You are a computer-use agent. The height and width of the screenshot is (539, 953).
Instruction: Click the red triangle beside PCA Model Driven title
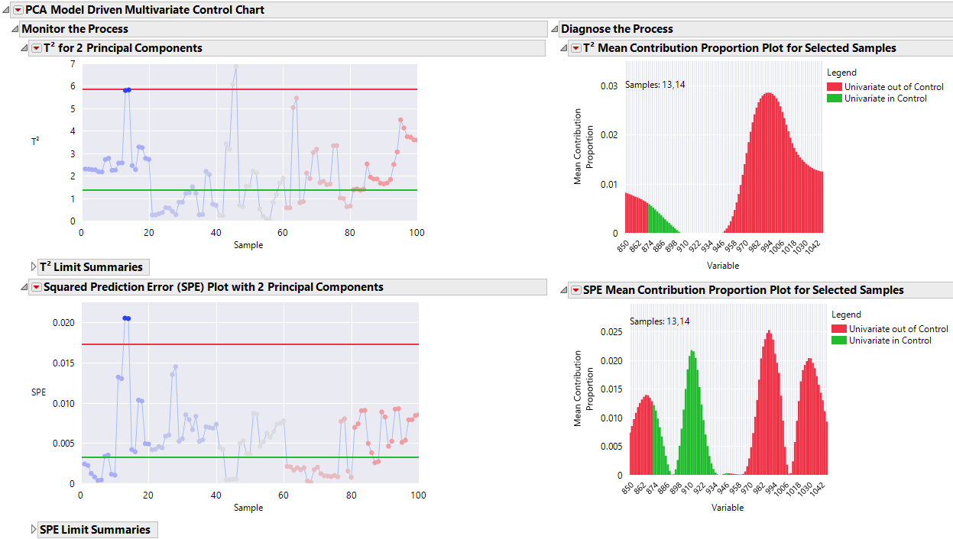[x=18, y=10]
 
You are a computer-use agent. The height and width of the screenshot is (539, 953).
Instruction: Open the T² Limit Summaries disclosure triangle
[x=33, y=267]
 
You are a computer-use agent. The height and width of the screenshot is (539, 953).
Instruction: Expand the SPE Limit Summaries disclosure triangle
[x=33, y=530]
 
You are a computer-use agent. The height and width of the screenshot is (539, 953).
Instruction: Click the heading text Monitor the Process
[x=75, y=29]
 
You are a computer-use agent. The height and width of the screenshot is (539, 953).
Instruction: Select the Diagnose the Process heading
[x=617, y=29]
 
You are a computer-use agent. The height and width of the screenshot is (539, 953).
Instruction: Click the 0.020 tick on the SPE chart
[x=63, y=323]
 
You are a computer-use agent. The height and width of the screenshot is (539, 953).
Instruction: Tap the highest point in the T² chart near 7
[x=236, y=66]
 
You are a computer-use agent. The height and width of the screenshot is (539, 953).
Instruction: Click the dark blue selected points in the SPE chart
[x=126, y=318]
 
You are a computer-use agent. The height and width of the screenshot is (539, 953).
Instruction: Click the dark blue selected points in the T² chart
[x=127, y=90]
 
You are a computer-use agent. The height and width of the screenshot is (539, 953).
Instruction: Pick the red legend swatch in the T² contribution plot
[x=835, y=87]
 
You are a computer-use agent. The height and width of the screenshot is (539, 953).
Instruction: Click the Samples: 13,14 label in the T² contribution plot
[x=655, y=85]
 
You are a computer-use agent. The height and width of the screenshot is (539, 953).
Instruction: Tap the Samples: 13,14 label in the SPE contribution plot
[x=660, y=321]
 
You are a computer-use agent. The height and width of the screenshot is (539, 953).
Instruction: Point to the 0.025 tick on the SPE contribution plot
[x=610, y=332]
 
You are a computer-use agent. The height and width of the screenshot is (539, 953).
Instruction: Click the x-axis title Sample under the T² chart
[x=248, y=245]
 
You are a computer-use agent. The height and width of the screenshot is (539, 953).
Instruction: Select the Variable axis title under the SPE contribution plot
[x=727, y=508]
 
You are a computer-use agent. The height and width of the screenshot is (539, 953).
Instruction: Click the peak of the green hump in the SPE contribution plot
[x=692, y=351]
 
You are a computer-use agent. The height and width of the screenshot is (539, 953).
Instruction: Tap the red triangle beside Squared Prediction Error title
[x=36, y=288]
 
